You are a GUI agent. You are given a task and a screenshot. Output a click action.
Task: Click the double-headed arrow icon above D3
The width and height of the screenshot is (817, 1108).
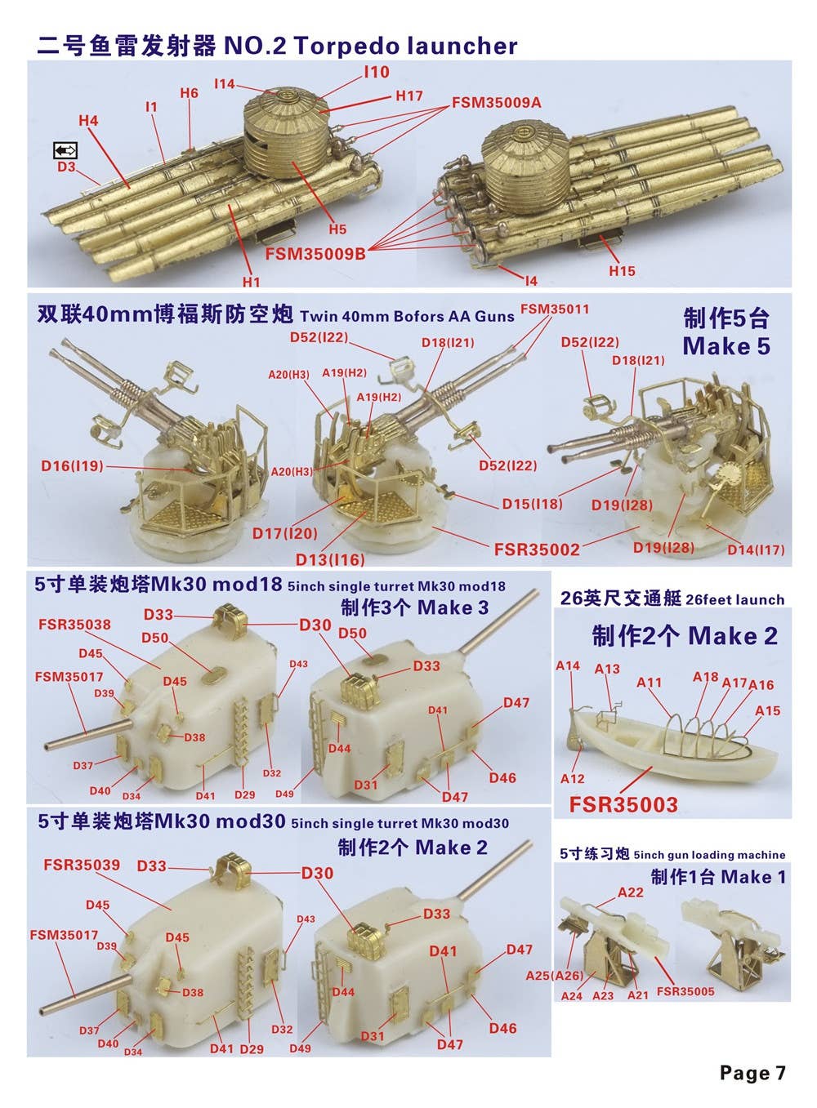65,150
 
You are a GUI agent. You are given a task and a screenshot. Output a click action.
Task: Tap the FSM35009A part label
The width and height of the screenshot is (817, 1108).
497,103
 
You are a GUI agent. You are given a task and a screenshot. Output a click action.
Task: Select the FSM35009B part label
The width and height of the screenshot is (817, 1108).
315,254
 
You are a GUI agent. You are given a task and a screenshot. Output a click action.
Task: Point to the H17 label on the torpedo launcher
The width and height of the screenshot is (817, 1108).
409,96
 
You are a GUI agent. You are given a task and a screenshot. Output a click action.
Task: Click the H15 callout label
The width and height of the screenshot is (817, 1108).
622,270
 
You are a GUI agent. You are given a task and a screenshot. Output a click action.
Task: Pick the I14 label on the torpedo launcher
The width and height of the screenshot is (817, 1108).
224,84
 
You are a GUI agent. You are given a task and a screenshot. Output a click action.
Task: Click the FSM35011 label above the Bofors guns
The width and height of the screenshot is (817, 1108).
555,309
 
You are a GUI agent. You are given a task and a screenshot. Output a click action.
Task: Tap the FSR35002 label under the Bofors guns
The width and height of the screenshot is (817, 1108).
537,550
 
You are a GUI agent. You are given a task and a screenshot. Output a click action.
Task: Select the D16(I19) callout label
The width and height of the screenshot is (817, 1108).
72,466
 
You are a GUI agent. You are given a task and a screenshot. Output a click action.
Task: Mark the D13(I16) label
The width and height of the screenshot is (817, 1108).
330,560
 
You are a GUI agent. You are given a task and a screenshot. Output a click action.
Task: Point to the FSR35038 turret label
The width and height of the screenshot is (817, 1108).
74,625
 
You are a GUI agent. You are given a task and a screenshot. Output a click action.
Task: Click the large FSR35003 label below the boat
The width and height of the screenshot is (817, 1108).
623,804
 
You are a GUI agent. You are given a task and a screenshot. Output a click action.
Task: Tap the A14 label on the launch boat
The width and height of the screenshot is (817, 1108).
567,665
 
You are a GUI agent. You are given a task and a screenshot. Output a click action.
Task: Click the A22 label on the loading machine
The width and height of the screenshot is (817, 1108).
631,892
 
